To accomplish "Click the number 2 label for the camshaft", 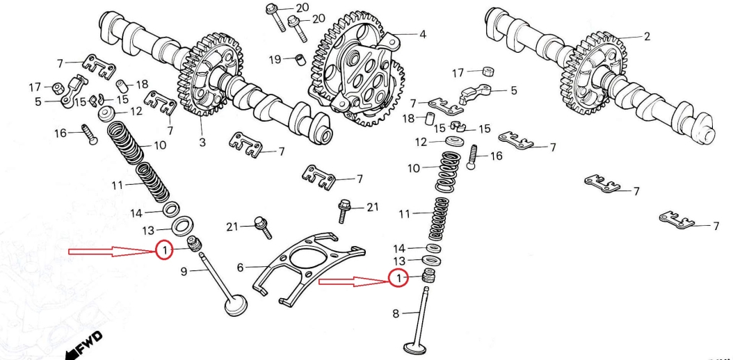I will [x=647, y=36].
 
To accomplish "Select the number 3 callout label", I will [x=202, y=142].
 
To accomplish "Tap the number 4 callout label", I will [x=421, y=33].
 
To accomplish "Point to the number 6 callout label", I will [x=241, y=267].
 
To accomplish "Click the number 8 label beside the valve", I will [x=396, y=314].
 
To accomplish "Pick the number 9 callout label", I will [x=184, y=272].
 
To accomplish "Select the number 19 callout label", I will [x=275, y=59].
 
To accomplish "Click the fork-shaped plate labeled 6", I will [x=306, y=268].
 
